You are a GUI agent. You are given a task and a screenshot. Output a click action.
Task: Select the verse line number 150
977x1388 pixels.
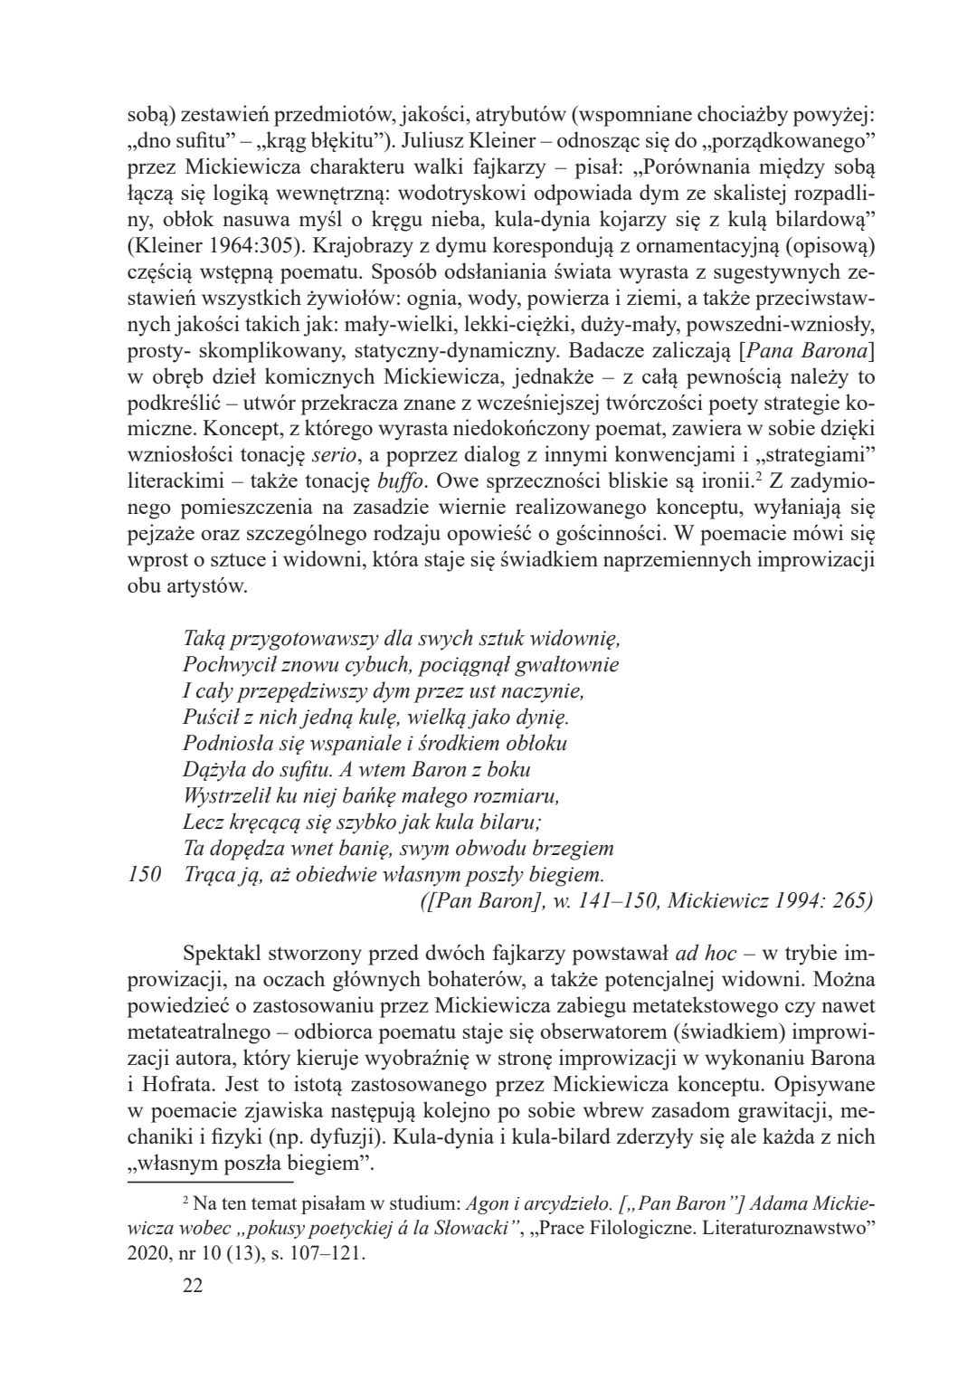point(142,875)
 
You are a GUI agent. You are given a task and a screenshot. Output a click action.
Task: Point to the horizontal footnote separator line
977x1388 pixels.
point(211,1181)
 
